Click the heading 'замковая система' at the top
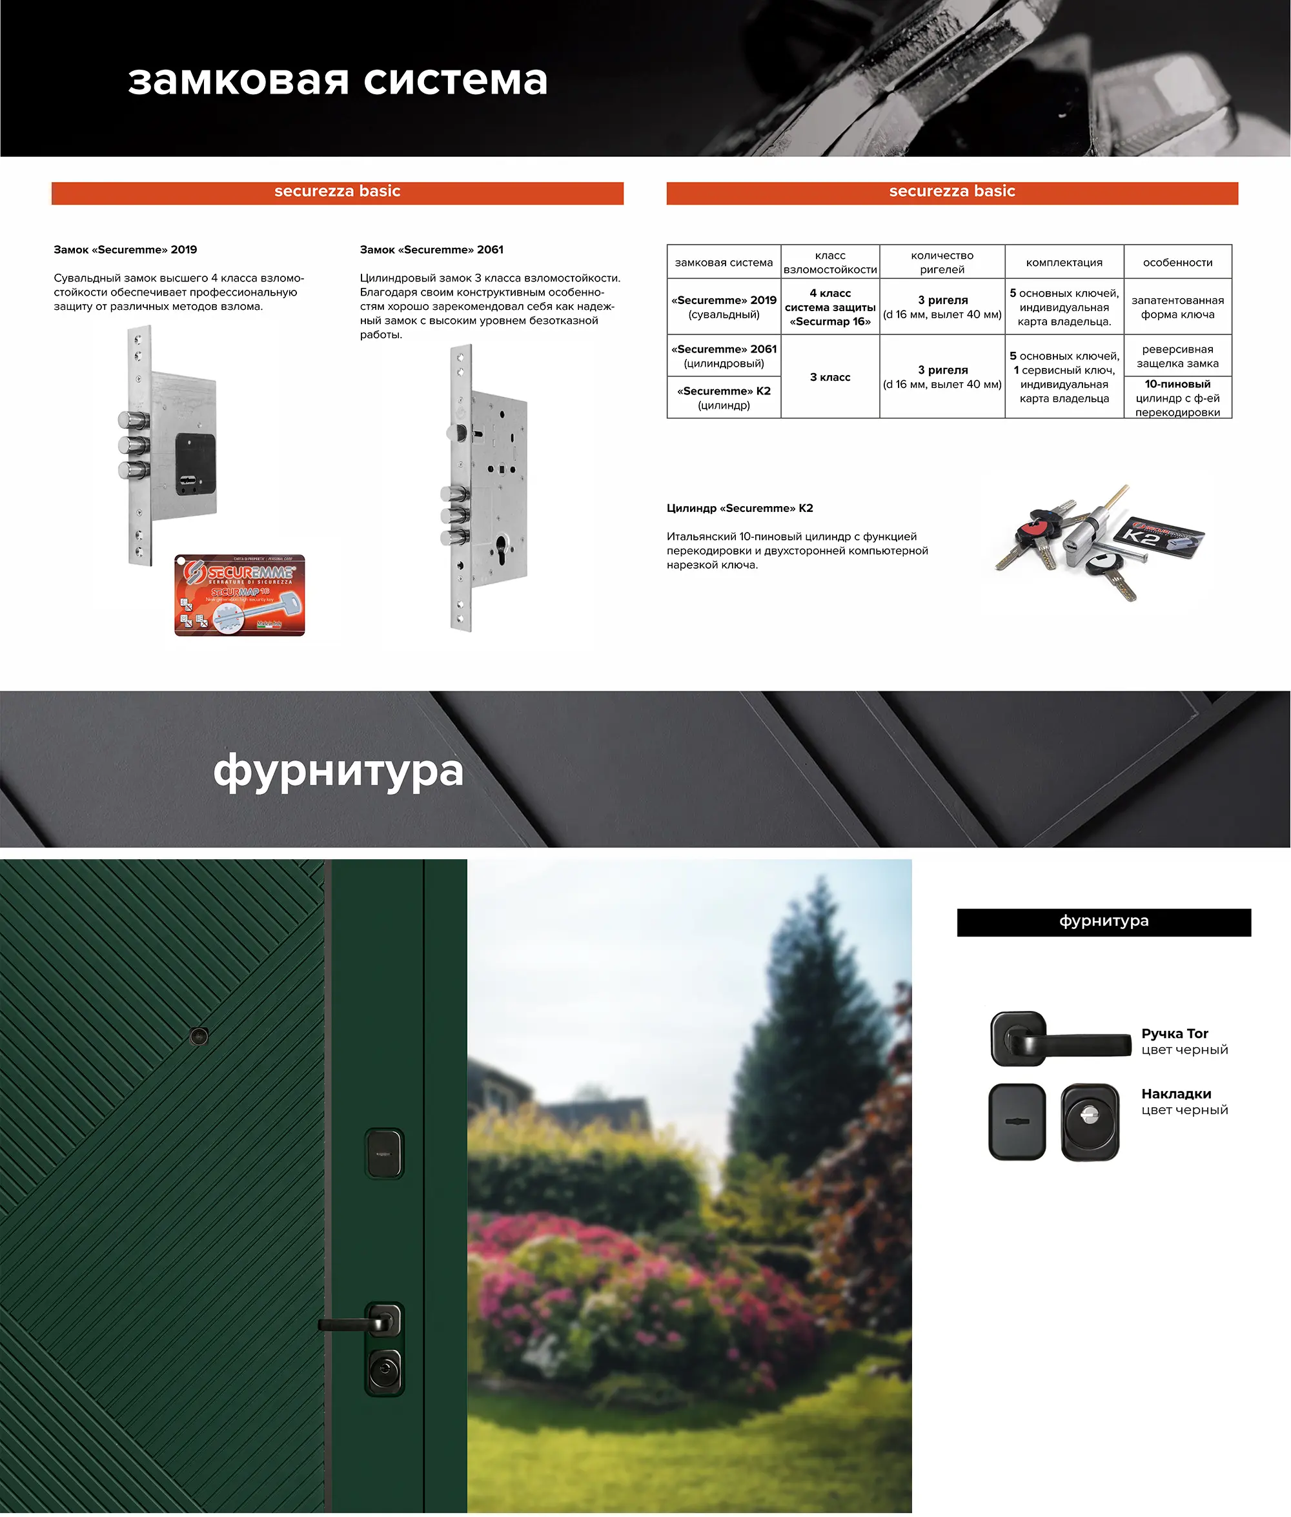pyautogui.click(x=338, y=81)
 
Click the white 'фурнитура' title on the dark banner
pyautogui.click(x=338, y=770)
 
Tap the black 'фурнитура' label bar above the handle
pyautogui.click(x=1103, y=921)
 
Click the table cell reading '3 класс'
pyautogui.click(x=829, y=377)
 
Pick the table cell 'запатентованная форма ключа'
pyautogui.click(x=1177, y=307)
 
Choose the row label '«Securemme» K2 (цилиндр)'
pyautogui.click(x=723, y=398)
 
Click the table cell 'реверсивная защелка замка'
pyautogui.click(x=1177, y=356)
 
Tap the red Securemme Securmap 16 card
pyautogui.click(x=239, y=595)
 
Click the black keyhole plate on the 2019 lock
pyautogui.click(x=196, y=464)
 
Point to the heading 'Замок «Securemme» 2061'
pyautogui.click(x=431, y=250)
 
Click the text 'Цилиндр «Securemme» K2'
pyautogui.click(x=739, y=508)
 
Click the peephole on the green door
pyautogui.click(x=198, y=1035)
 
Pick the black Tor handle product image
pyautogui.click(x=1060, y=1039)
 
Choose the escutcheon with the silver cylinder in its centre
pyautogui.click(x=1089, y=1121)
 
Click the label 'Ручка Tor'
pyautogui.click(x=1174, y=1033)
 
